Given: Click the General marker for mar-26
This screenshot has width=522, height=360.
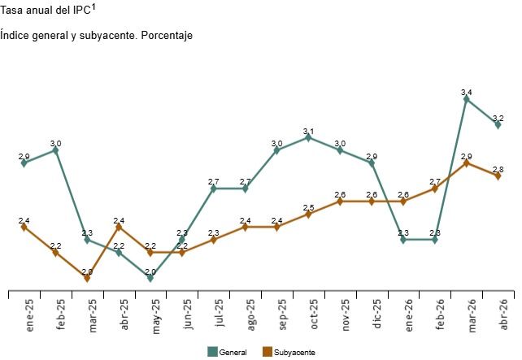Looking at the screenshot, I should (466, 98).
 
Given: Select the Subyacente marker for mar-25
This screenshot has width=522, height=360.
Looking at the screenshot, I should (87, 278).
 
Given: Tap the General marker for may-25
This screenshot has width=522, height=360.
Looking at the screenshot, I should (150, 278).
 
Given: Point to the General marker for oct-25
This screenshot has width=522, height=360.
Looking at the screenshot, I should (308, 137).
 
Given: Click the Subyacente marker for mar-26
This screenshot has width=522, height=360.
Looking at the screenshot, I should (466, 163).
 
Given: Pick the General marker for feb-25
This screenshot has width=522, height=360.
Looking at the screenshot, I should (55, 150).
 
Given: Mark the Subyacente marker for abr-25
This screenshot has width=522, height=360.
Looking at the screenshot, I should (119, 227).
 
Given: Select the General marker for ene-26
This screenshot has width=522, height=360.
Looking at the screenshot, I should (403, 240).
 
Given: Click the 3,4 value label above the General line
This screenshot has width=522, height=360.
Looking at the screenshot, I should (466, 93).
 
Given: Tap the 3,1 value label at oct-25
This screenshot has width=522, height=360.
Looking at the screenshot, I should (308, 131).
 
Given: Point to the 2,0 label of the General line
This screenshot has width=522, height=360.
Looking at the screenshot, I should (150, 271).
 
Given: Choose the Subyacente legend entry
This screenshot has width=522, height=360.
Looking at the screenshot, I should (289, 352).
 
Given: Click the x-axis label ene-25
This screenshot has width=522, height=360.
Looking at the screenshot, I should (28, 313).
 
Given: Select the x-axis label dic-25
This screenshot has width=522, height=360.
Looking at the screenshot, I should (375, 313).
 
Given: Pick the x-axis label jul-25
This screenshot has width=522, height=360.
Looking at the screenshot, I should (217, 313).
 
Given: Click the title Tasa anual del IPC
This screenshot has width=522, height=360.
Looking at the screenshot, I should (46, 12).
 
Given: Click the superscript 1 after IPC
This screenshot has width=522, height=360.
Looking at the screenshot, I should (94, 8).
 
